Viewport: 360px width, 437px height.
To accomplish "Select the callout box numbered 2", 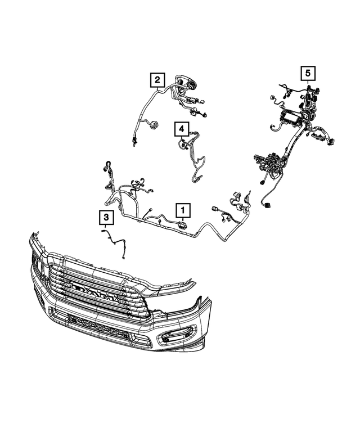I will (x=157, y=80).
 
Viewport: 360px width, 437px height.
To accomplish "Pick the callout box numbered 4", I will (x=181, y=130).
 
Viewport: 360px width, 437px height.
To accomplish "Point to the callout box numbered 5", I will (x=307, y=73).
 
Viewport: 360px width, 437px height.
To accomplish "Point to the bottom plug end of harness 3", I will (x=123, y=258).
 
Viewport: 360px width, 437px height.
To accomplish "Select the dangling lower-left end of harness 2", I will (x=134, y=142).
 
